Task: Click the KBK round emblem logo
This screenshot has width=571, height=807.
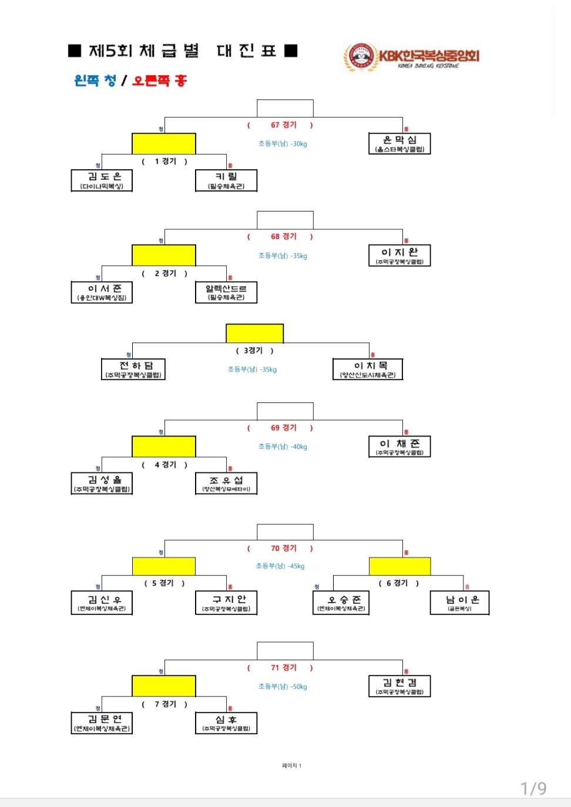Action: click(360, 57)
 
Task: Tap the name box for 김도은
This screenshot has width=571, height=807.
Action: click(102, 180)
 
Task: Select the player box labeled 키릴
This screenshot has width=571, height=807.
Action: click(226, 180)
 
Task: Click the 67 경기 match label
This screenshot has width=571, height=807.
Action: click(283, 125)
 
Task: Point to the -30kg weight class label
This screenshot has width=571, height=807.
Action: click(283, 144)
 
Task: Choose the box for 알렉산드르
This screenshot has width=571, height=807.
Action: click(226, 292)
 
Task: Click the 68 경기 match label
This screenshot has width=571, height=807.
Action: click(283, 237)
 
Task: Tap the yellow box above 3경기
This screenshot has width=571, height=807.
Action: click(254, 333)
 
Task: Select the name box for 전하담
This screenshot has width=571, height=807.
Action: click(133, 369)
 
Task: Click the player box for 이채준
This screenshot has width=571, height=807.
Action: click(399, 446)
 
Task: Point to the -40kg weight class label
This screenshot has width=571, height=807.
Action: click(283, 447)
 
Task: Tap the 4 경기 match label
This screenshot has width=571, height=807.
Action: click(165, 465)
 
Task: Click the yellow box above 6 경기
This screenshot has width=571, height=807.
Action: click(399, 566)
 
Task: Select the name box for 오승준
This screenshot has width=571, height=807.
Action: click(341, 603)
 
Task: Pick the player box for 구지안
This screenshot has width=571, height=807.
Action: click(226, 603)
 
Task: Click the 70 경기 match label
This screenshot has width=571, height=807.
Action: click(283, 549)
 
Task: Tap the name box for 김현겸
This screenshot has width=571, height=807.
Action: click(399, 686)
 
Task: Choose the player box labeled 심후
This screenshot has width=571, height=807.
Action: click(226, 723)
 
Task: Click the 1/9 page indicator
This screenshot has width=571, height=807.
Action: click(533, 788)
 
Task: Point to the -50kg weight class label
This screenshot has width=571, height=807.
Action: click(283, 687)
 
